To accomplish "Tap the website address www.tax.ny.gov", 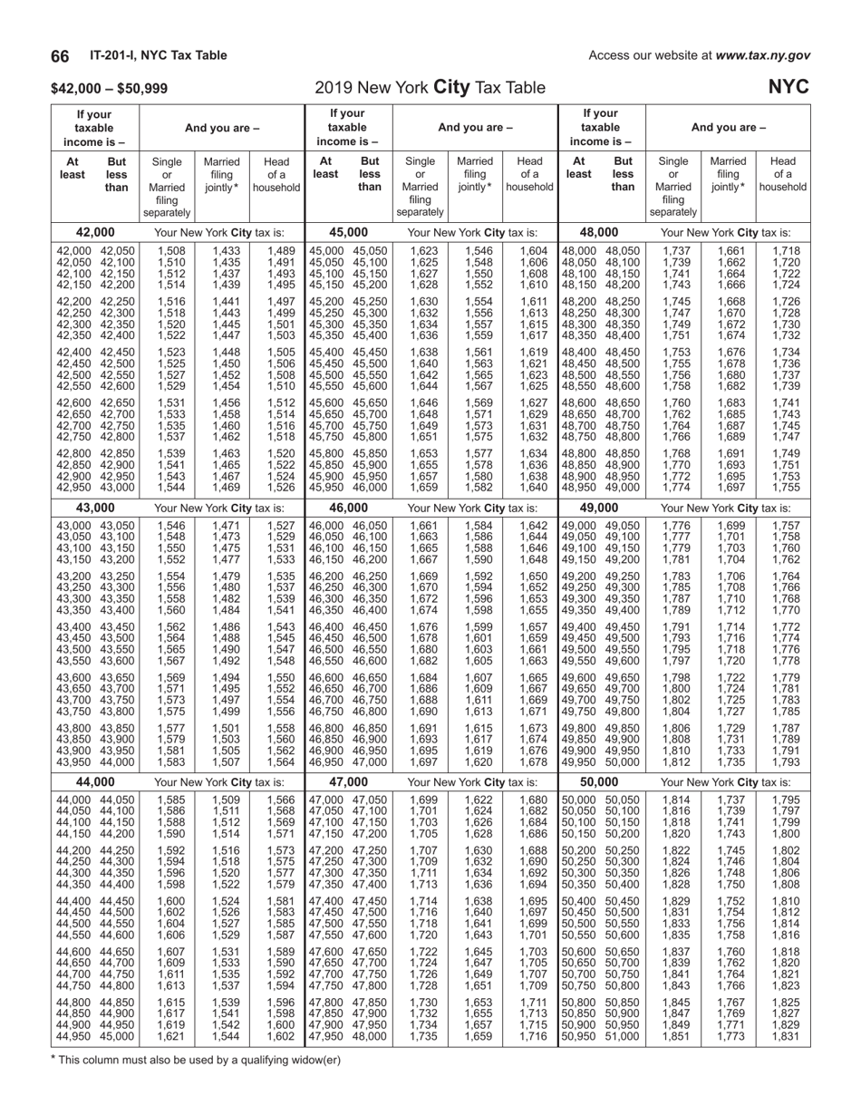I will click(x=762, y=56).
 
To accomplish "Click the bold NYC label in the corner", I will click(x=789, y=88).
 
